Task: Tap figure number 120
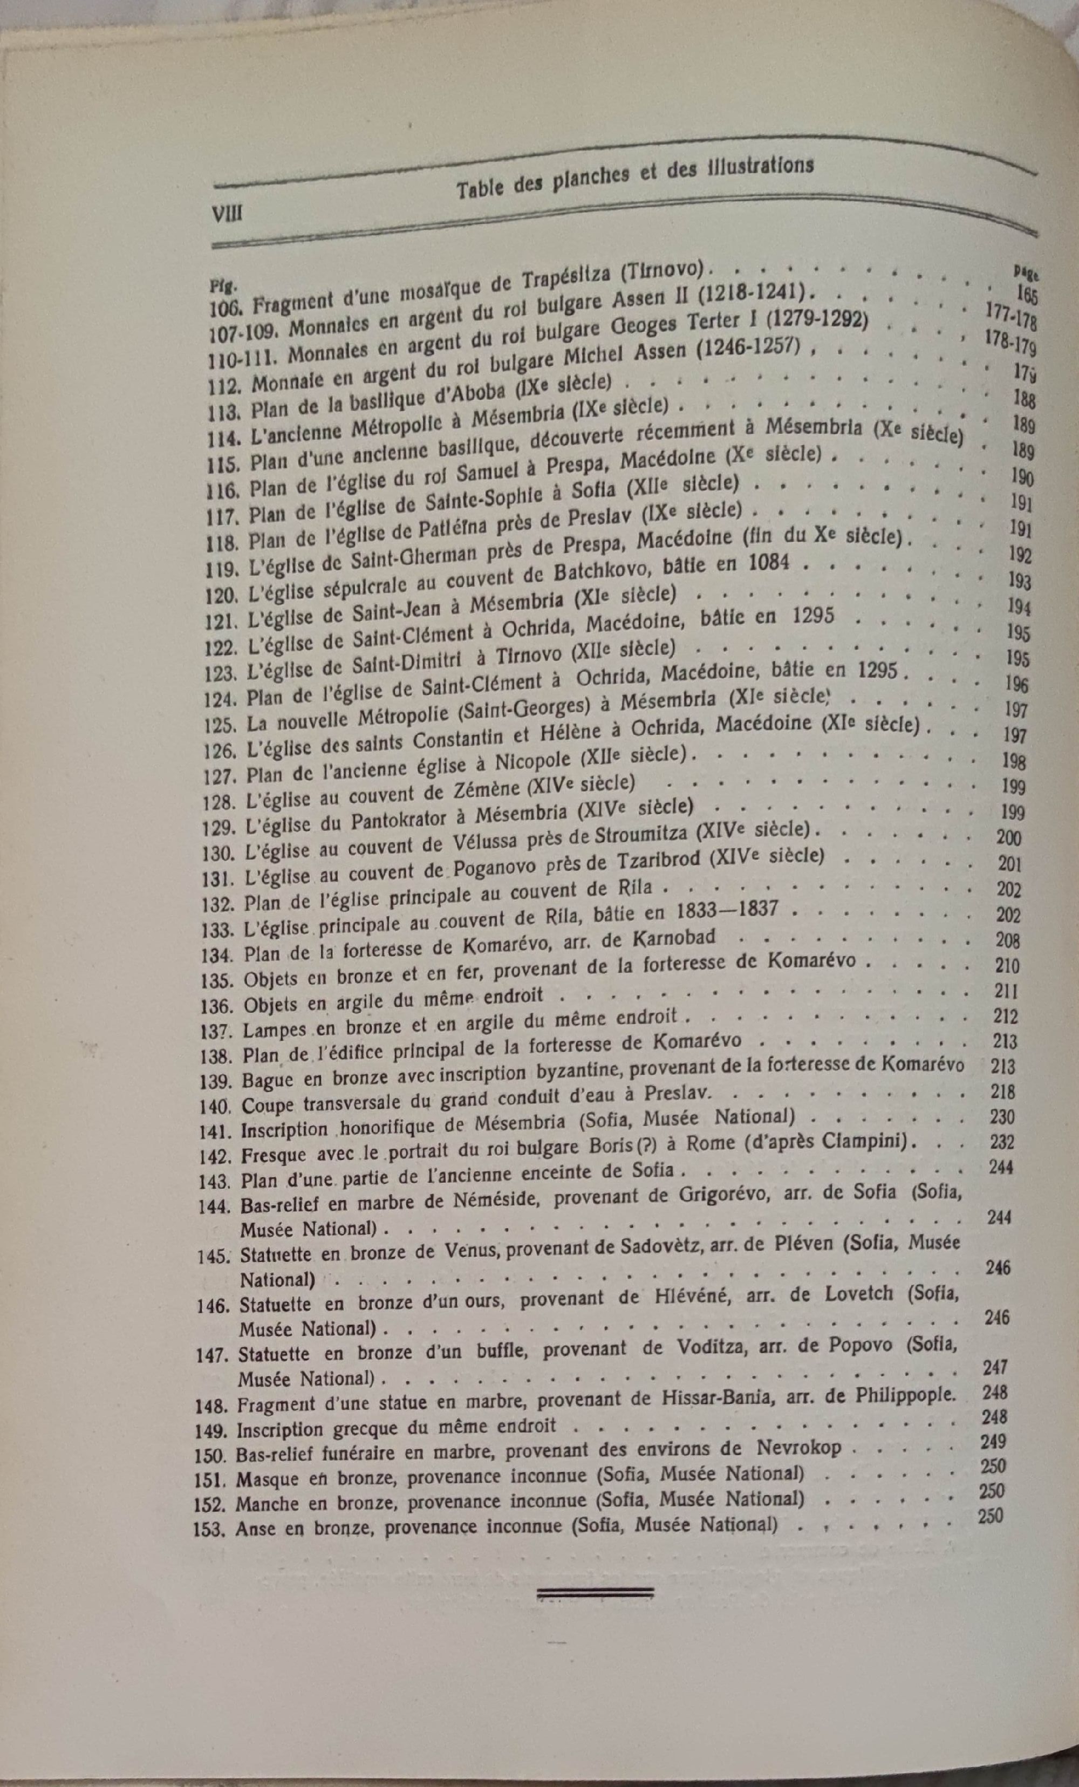coord(222,596)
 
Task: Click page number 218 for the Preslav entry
coord(1003,1092)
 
